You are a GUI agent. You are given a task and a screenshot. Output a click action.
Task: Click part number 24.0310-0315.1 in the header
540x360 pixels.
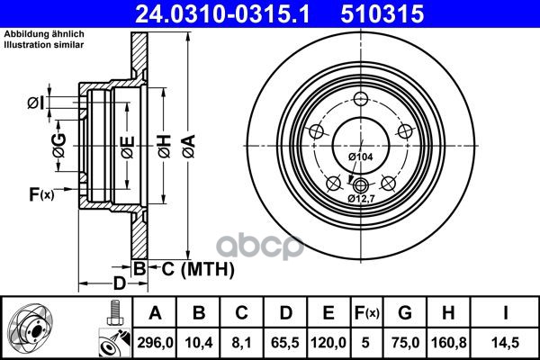click(x=222, y=13)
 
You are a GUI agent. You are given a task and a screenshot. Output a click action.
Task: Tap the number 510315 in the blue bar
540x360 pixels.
click(x=382, y=13)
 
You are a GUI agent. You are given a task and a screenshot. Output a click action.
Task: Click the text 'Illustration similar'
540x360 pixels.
click(x=44, y=45)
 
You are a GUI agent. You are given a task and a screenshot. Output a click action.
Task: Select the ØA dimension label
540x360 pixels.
click(x=189, y=147)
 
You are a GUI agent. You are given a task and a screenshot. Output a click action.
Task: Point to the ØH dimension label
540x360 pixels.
click(x=165, y=147)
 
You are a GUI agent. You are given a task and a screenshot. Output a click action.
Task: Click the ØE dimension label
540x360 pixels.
click(x=128, y=147)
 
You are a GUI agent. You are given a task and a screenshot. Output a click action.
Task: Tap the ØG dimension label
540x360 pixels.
click(x=58, y=145)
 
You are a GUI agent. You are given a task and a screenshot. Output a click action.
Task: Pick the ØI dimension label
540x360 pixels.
click(x=36, y=103)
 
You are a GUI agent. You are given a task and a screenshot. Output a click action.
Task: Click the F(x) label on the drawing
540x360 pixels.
click(x=41, y=194)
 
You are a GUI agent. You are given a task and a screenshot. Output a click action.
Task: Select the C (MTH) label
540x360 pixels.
click(x=198, y=269)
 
